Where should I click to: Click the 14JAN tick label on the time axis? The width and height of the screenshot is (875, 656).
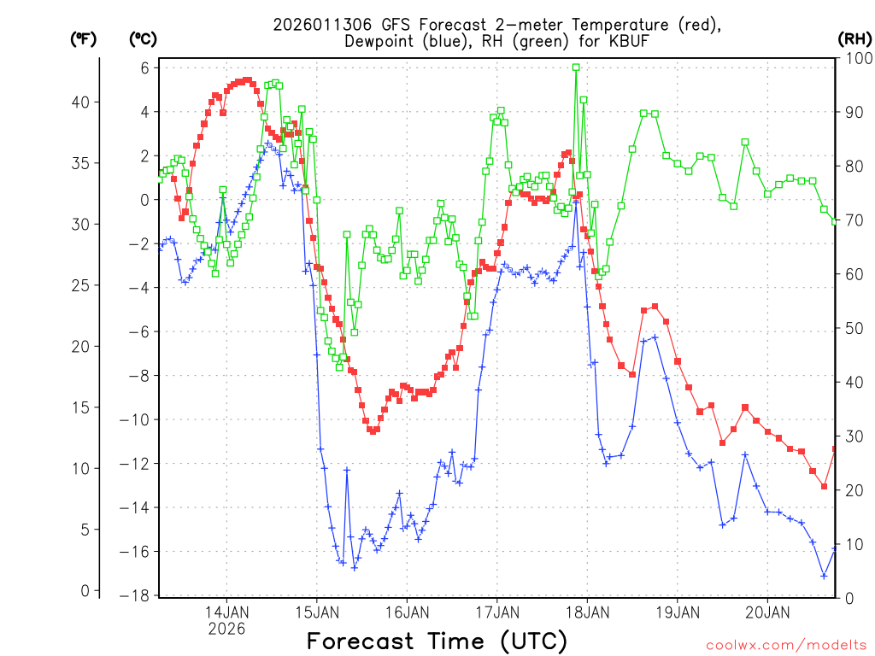coord(226,612)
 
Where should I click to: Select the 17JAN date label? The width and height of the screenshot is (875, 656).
coord(496,612)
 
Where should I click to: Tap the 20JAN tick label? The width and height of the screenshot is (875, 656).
coord(767,612)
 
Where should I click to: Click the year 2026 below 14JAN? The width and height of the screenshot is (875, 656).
coord(226,629)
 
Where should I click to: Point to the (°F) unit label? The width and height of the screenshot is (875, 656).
coord(83,39)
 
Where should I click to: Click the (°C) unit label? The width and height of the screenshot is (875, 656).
coord(143,39)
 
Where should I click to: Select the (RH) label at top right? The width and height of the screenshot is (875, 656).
coord(854,39)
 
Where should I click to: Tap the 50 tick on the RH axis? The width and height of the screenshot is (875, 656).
coord(853,328)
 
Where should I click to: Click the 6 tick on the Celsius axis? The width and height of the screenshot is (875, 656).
coord(145,68)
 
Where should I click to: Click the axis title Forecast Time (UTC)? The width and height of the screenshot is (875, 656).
coord(437,641)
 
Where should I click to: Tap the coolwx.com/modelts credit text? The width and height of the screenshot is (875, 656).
coord(787,645)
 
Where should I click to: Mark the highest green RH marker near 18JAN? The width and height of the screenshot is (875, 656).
coord(576,67)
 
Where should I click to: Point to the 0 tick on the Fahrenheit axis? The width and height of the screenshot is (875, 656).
coord(84,591)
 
